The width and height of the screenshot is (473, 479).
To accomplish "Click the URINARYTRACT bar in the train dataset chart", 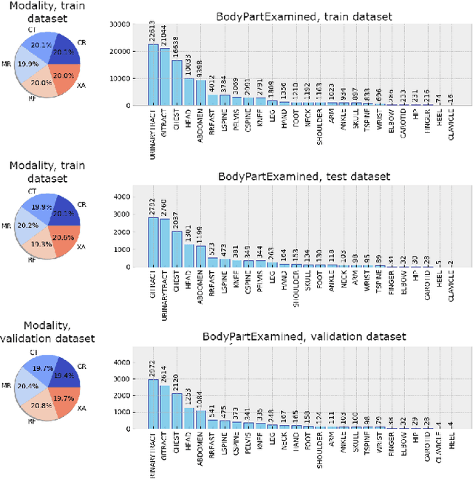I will point(153,75).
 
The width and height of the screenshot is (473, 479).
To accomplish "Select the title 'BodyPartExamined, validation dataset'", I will point(304,337).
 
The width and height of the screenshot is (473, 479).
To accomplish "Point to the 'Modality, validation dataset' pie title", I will point(49,332).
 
